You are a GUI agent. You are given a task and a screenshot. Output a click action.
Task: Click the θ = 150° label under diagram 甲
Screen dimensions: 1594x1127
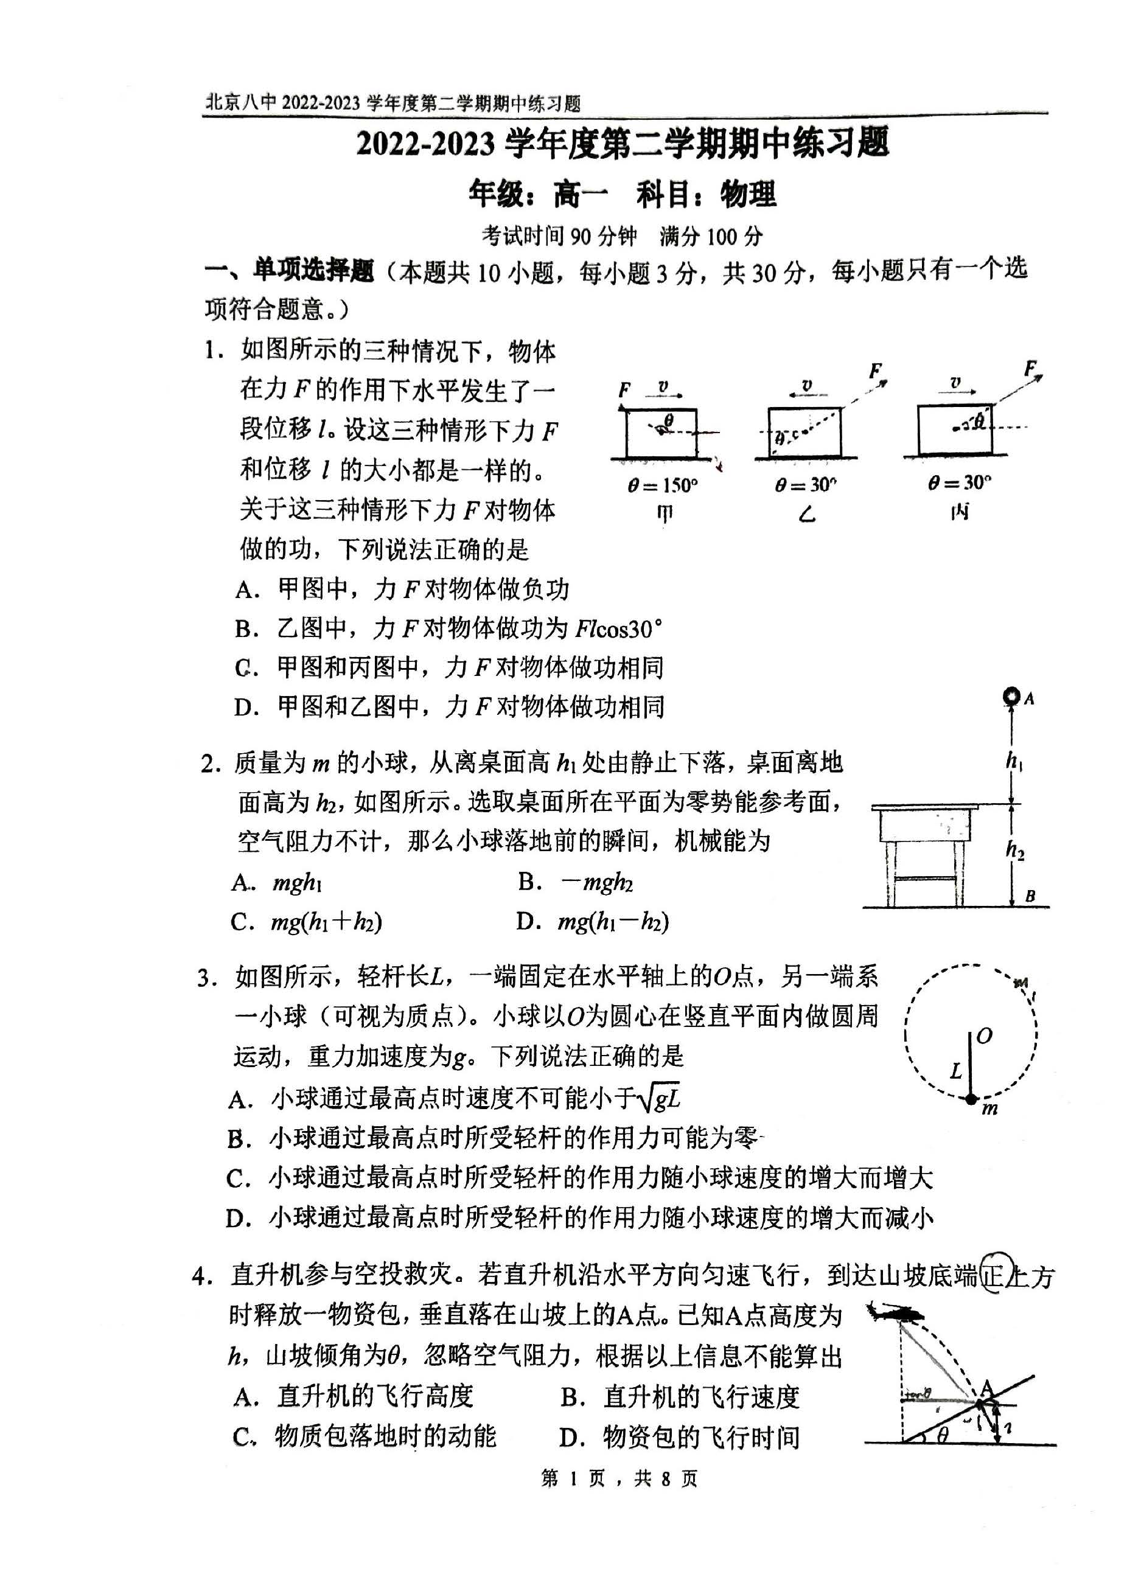pyautogui.click(x=663, y=486)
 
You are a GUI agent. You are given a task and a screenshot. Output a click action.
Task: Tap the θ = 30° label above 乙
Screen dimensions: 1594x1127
pyautogui.click(x=806, y=484)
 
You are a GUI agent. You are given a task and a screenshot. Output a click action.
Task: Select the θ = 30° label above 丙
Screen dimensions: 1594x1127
pyautogui.click(x=960, y=482)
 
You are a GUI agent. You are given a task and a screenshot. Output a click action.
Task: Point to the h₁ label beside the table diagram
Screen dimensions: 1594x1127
pyautogui.click(x=1014, y=762)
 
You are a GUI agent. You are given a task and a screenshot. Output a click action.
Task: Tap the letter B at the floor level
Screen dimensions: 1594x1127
pyautogui.click(x=1030, y=896)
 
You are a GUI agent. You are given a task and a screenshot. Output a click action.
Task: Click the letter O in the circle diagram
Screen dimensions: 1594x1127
pyautogui.click(x=984, y=1037)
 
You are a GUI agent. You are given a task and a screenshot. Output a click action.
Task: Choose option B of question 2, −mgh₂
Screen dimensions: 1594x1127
pyautogui.click(x=596, y=882)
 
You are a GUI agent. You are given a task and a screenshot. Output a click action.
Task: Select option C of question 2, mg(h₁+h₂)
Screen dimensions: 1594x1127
pyautogui.click(x=326, y=922)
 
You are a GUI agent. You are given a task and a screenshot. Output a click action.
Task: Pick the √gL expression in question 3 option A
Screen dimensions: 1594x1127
pyautogui.click(x=659, y=1099)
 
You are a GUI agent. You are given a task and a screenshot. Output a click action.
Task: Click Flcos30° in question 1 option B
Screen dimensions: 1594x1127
pyautogui.click(x=618, y=629)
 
